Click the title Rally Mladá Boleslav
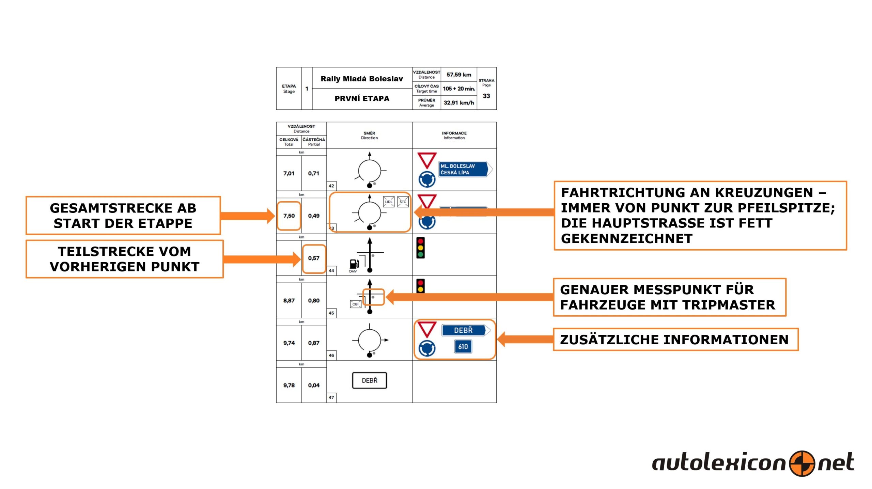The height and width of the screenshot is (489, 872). coord(362,79)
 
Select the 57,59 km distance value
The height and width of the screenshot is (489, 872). coord(459,75)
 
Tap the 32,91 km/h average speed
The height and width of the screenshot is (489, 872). coord(459,102)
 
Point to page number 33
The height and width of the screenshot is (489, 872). coord(486,96)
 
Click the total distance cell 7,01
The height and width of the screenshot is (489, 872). coord(289,173)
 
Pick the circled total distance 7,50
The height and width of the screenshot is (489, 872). coord(289,216)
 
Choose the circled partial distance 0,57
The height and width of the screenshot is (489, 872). coord(314,258)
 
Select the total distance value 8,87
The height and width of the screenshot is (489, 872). coord(289,301)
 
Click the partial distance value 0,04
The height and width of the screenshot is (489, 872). coord(314,385)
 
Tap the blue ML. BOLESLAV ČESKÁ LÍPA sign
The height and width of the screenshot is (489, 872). coord(465,169)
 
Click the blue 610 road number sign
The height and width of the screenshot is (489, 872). coord(463,347)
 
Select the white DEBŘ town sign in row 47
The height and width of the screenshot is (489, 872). coord(370,380)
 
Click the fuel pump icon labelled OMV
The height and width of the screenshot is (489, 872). coord(354,264)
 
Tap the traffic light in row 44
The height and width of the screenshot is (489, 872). coord(421,248)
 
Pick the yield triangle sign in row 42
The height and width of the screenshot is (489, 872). coord(427,160)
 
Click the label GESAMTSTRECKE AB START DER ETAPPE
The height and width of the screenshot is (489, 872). coord(123,216)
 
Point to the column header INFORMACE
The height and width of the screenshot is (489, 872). coord(454,133)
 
